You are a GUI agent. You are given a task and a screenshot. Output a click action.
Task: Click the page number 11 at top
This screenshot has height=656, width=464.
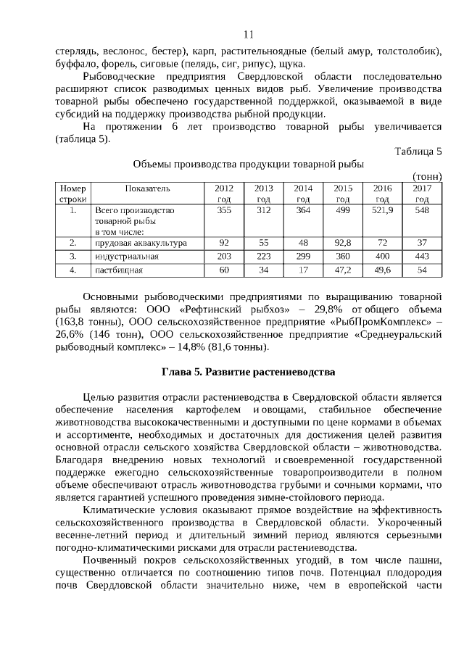(x=248, y=34)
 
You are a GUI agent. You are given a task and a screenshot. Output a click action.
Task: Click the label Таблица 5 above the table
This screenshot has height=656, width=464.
(x=418, y=151)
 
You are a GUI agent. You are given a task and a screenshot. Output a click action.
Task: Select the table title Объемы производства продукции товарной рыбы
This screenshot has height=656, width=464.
(x=248, y=164)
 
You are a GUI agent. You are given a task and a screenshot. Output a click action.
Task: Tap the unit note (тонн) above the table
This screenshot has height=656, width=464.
(x=427, y=176)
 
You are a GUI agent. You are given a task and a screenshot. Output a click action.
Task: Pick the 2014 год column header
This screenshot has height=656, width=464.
(x=303, y=193)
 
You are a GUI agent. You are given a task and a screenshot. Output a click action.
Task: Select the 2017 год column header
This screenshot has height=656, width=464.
(x=422, y=193)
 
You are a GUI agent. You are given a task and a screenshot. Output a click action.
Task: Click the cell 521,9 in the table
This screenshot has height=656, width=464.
(x=382, y=209)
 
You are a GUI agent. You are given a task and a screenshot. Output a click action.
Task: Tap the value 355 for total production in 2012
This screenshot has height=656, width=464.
(x=224, y=209)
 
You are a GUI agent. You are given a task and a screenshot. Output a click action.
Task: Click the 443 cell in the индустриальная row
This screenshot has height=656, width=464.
(x=422, y=256)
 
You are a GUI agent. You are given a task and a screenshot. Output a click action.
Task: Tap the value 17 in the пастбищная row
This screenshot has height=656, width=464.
(x=303, y=270)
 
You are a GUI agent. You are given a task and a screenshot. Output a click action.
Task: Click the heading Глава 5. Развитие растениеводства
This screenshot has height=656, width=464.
(x=247, y=373)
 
